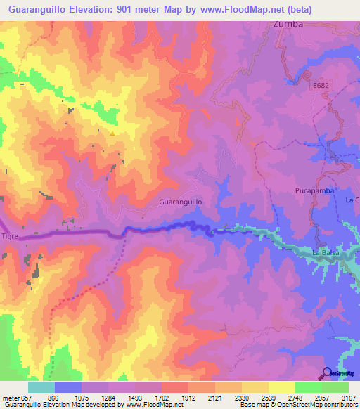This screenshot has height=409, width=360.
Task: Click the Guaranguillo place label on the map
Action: pyautogui.click(x=181, y=201)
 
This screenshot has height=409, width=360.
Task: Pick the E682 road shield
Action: pyautogui.click(x=321, y=84)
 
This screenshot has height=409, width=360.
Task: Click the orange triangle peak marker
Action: pyautogui.click(x=111, y=134)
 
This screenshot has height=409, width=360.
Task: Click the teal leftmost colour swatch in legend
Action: pyautogui.click(x=41, y=387)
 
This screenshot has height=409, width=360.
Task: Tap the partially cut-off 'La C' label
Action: pyautogui.click(x=352, y=200)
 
